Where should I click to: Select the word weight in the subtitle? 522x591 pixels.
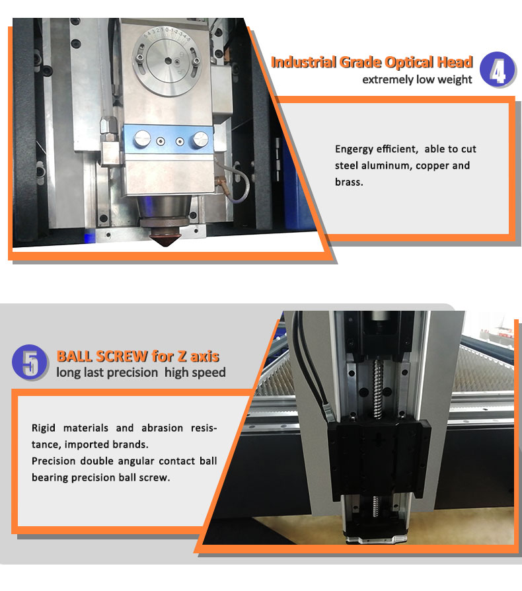coord(455,80)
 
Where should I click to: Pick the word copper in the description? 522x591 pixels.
coord(434,165)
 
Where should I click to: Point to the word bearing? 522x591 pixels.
coord(50,477)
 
